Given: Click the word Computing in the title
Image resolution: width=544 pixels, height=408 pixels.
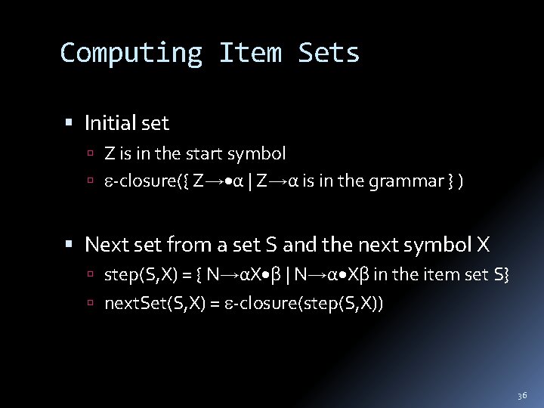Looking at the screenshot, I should pyautogui.click(x=131, y=53).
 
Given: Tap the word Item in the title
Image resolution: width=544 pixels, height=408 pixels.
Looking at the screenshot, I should pyautogui.click(x=250, y=53).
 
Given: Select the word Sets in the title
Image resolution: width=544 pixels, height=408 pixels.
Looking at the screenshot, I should pyautogui.click(x=329, y=53).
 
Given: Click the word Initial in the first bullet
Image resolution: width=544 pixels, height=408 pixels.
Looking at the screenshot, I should pyautogui.click(x=111, y=122).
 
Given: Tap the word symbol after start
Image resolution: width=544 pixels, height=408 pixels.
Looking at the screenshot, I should pyautogui.click(x=259, y=154).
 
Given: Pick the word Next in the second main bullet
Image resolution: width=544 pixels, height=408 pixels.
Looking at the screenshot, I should pyautogui.click(x=104, y=245).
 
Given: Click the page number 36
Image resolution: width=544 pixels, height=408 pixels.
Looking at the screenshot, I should pyautogui.click(x=522, y=395).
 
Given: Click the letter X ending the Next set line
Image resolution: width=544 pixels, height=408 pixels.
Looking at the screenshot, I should pyautogui.click(x=484, y=245).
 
